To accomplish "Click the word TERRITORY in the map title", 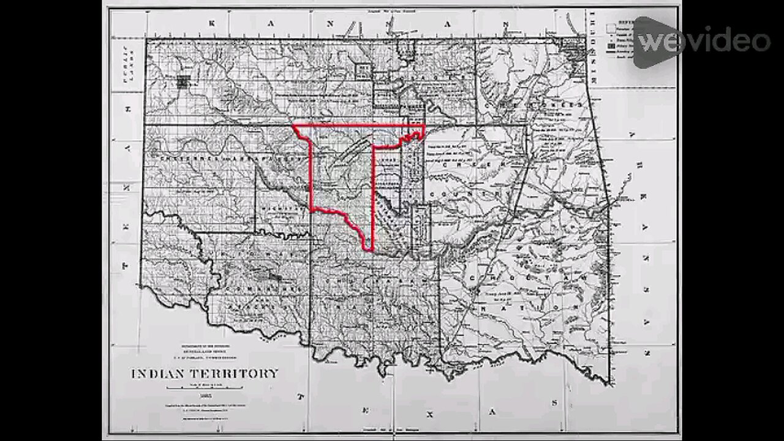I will tap(233, 373).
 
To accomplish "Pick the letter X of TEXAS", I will tap(429, 415).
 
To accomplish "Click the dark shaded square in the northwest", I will tap(183, 80).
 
